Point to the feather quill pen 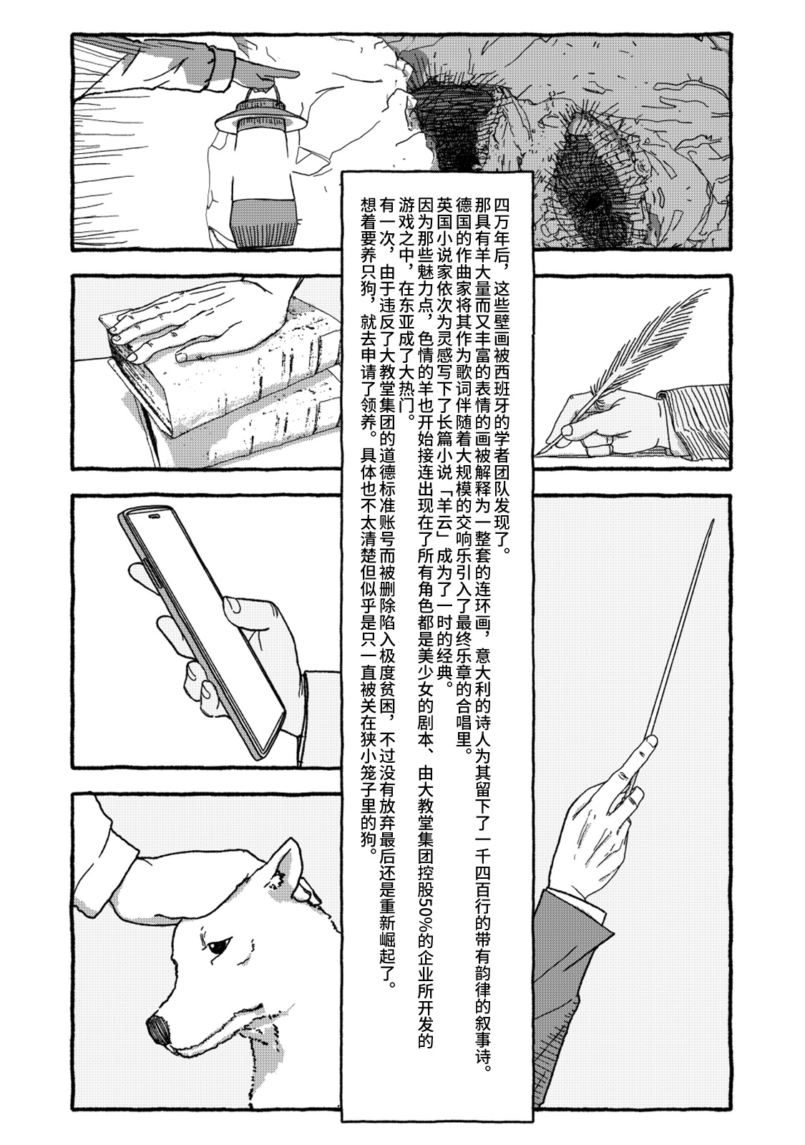tap(630, 358)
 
